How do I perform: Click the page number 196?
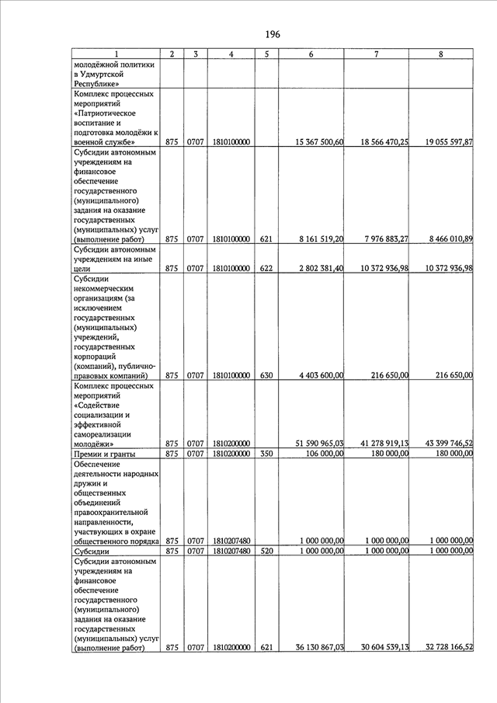click(x=272, y=34)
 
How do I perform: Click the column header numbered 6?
click(x=311, y=54)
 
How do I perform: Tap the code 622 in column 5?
click(x=266, y=268)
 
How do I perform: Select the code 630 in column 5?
click(x=266, y=375)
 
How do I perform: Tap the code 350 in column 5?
click(x=266, y=454)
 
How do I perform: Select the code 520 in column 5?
click(x=266, y=551)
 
